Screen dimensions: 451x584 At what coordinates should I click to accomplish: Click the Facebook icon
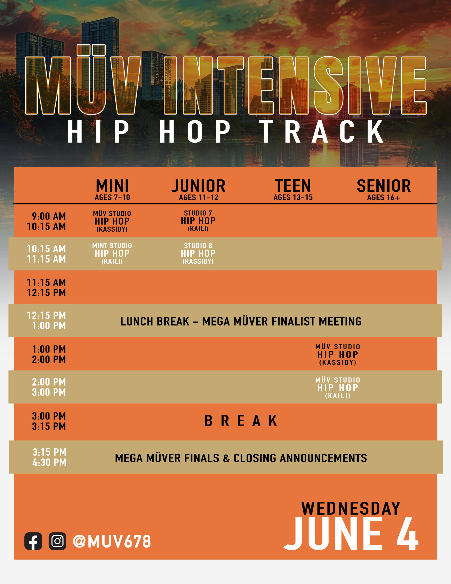(33, 541)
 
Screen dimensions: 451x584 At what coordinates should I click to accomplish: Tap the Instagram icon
(57, 541)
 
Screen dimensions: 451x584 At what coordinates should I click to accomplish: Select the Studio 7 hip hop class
(198, 221)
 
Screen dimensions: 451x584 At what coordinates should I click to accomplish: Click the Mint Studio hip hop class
(112, 253)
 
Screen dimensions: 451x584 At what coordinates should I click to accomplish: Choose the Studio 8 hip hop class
(198, 253)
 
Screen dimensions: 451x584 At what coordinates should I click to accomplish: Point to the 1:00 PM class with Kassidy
(338, 355)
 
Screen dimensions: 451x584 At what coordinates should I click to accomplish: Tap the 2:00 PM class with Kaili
(338, 388)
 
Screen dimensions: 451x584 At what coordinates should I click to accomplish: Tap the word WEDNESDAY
(351, 508)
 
